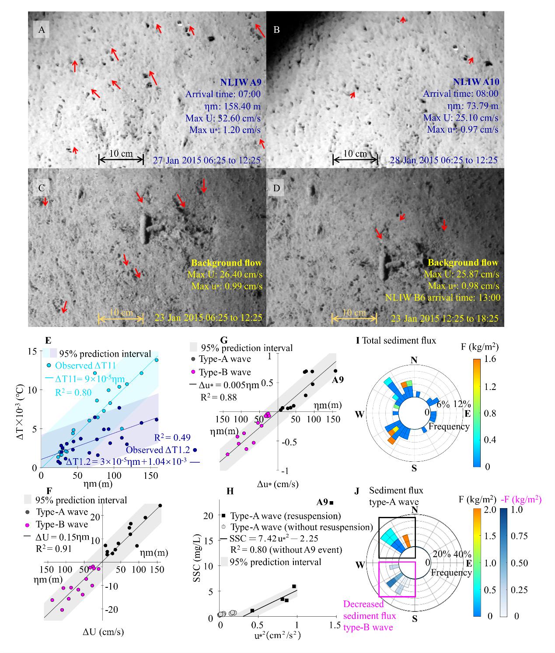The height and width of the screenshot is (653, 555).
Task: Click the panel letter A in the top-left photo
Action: (42, 30)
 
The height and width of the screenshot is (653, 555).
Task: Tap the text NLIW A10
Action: (476, 82)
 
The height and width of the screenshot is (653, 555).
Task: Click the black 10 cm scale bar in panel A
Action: (121, 159)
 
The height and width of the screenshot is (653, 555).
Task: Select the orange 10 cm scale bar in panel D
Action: (354, 318)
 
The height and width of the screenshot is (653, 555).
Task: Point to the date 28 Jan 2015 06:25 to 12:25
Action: (443, 160)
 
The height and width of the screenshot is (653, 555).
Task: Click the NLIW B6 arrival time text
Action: (443, 298)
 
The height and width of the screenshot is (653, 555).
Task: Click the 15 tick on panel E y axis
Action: (32, 351)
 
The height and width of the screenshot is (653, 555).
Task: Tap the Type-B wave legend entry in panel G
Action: (225, 372)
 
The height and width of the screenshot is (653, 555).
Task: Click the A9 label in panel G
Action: (337, 379)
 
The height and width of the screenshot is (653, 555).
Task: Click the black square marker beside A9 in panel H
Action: (332, 503)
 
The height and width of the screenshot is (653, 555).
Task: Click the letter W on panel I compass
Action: (360, 414)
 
